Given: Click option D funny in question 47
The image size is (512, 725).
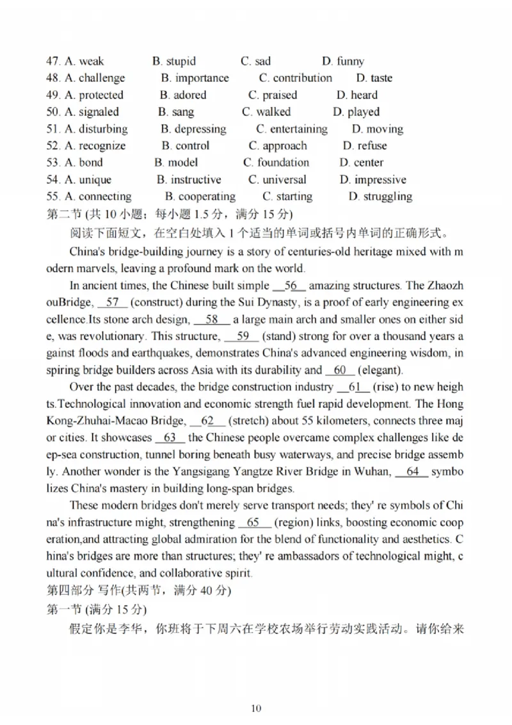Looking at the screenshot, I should click(x=343, y=61).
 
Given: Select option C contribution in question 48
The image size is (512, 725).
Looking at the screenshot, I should click(x=296, y=78).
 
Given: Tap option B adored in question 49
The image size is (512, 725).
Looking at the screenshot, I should click(x=183, y=95).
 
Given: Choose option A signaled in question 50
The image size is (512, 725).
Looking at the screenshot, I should click(x=92, y=112).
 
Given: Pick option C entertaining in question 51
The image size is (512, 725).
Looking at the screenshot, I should click(x=292, y=129).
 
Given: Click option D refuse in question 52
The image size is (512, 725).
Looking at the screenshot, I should click(x=365, y=146).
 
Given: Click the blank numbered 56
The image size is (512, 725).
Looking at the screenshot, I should click(x=289, y=286).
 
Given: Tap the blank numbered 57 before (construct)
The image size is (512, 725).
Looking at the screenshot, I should click(x=112, y=302).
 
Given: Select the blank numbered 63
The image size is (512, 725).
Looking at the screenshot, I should click(x=170, y=437).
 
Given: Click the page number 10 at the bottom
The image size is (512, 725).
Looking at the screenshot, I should click(x=256, y=708).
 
